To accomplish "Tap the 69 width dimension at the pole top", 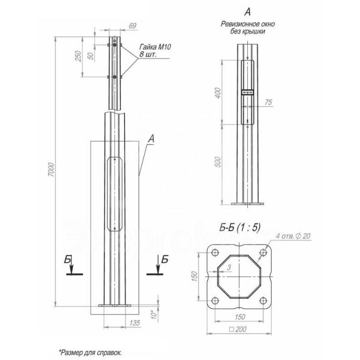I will [132, 25].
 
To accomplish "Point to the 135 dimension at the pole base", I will [135, 322].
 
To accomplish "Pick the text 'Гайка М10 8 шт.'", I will [154, 51].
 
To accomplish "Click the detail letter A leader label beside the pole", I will [151, 139].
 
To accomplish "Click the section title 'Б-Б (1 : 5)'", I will [240, 227].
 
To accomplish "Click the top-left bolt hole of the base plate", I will [215, 252].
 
